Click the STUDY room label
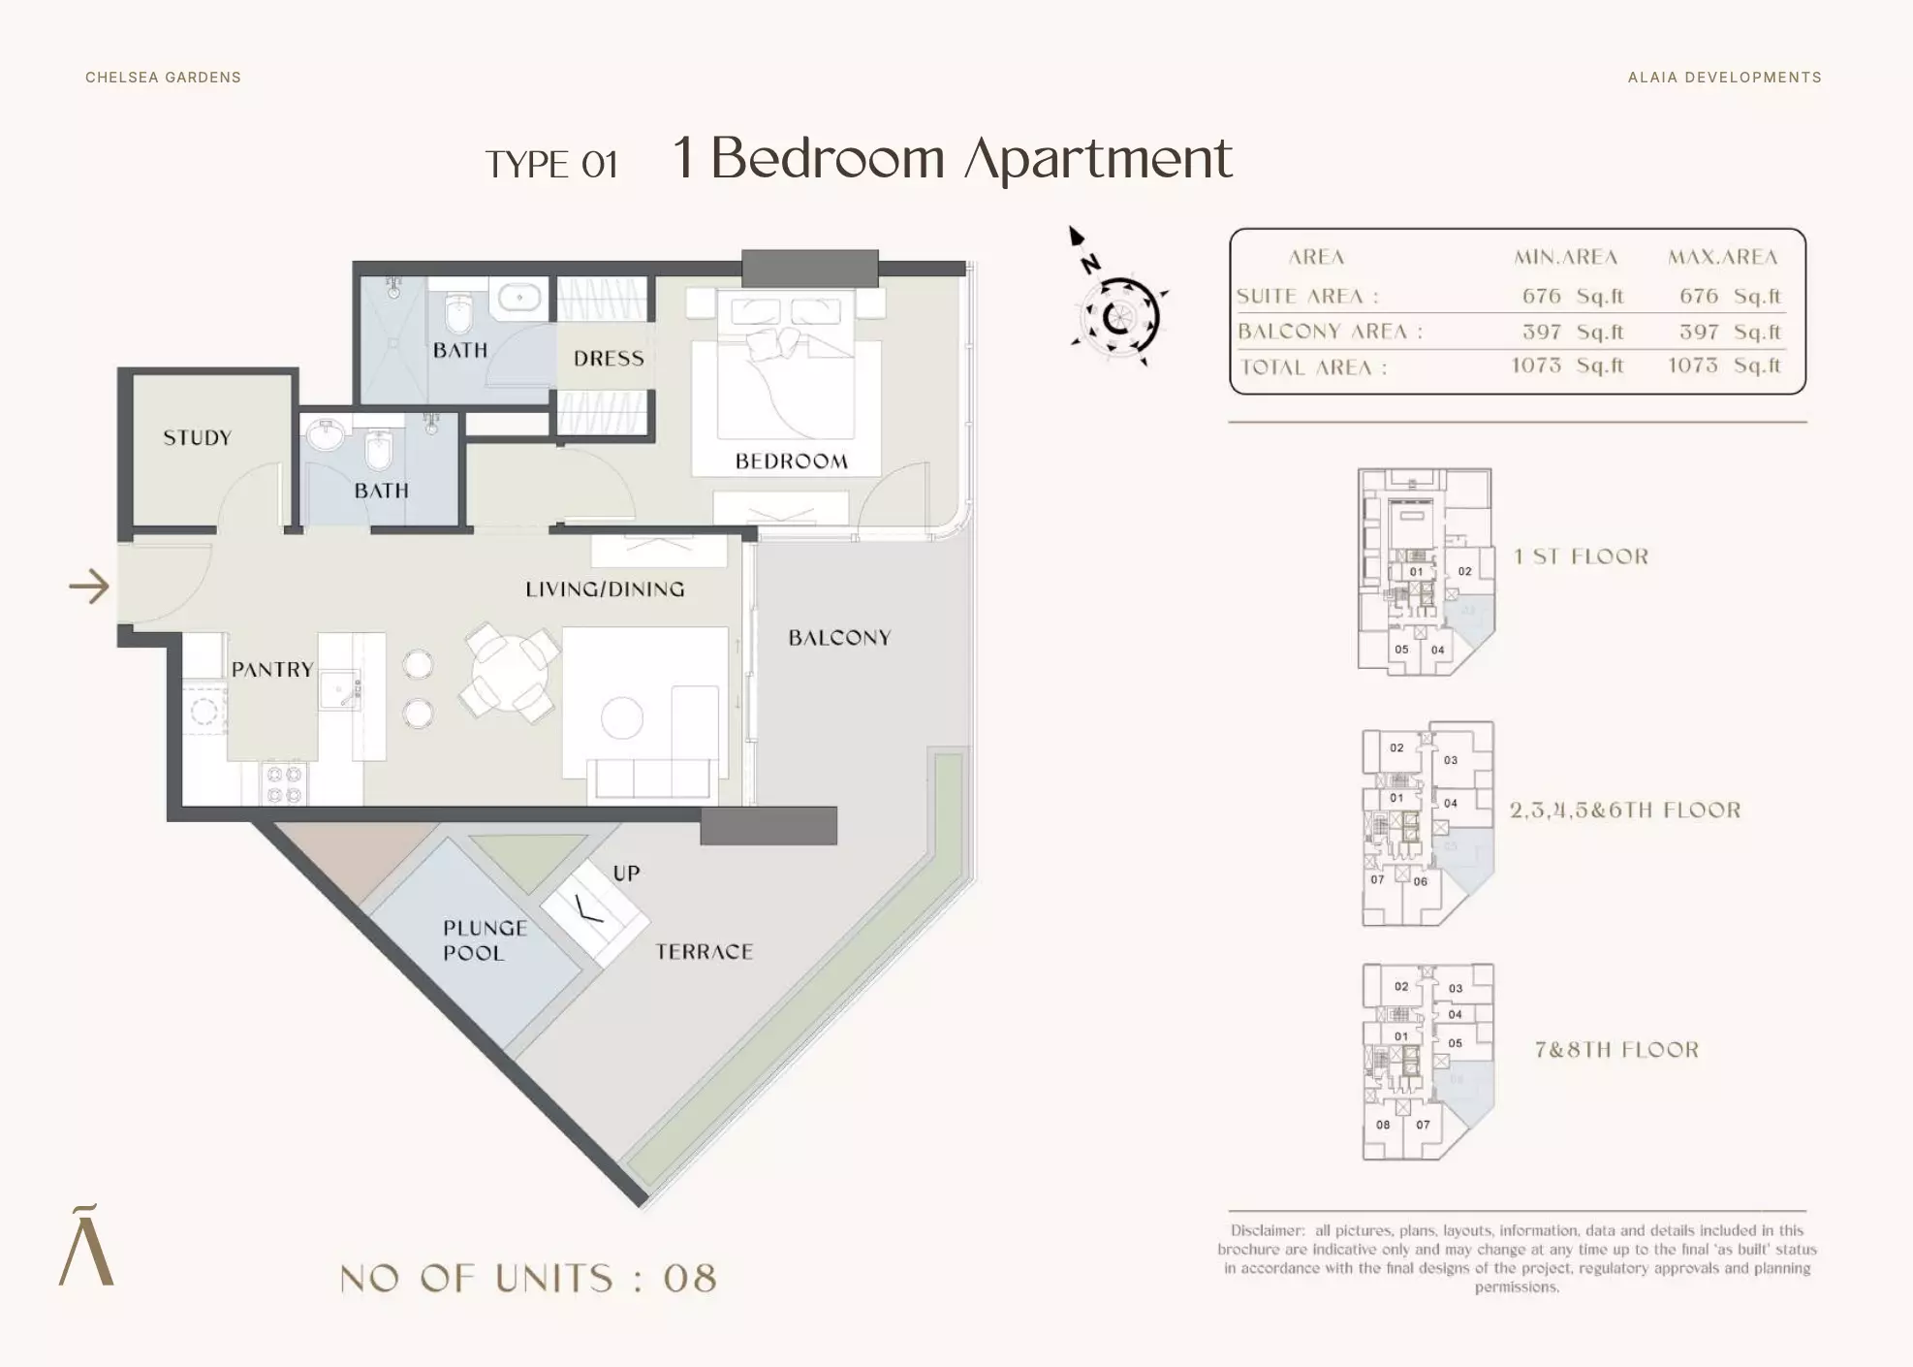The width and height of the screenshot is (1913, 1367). [x=198, y=437]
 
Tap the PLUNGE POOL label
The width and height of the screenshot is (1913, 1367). [x=485, y=940]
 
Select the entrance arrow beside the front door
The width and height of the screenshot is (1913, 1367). [x=89, y=587]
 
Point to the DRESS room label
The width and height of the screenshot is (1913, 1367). [x=609, y=359]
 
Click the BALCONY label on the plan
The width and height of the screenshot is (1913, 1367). [x=839, y=638]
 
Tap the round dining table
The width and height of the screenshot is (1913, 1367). [x=512, y=672]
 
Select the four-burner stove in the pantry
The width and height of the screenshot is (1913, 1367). [x=284, y=783]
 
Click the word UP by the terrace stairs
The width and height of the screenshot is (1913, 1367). [x=626, y=874]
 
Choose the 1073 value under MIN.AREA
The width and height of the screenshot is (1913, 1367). [x=1536, y=366]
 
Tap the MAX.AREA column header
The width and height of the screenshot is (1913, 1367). [x=1722, y=257]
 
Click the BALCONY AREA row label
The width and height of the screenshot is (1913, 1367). [x=1330, y=332]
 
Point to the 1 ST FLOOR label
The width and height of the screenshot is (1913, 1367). [x=1581, y=556]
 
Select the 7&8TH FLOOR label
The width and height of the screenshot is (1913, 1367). [x=1616, y=1050]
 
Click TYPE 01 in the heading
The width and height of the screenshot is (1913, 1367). [x=551, y=165]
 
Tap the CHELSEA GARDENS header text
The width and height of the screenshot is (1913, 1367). [x=163, y=78]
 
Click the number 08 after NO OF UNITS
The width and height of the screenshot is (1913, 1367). [x=690, y=1279]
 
